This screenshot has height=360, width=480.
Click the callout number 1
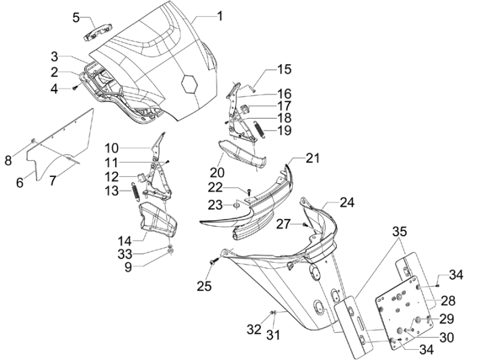219,14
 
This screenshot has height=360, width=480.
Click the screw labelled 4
76,88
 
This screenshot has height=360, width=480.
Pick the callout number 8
8,161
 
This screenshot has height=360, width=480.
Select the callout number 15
284,69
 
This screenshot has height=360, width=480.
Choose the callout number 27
284,224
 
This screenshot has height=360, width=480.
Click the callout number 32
254,330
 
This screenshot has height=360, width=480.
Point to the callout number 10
112,147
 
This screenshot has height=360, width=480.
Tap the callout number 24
346,201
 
